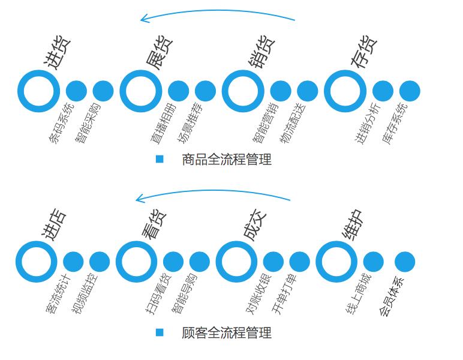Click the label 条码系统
point(61,123)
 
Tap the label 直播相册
point(163,123)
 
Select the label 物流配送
point(292,123)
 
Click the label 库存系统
point(395,123)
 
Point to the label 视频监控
point(85,295)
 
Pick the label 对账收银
point(258,295)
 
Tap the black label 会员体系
point(391,296)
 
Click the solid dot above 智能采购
point(103,91)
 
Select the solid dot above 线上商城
point(373,262)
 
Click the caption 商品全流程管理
point(227,160)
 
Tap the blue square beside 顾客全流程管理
point(160,332)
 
